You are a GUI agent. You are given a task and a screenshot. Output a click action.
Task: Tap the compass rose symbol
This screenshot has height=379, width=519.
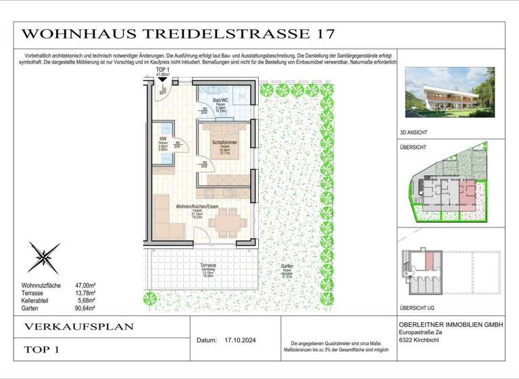coord(44,258)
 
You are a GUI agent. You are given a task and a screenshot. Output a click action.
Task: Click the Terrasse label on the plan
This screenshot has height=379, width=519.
coord(208,266)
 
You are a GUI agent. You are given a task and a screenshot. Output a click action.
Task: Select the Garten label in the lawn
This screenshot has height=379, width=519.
coord(288,267)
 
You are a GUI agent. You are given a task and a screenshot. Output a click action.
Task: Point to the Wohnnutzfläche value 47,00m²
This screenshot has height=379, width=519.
coord(85,286)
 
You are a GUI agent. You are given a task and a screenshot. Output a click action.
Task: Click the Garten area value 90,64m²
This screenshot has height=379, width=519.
coord(85,308)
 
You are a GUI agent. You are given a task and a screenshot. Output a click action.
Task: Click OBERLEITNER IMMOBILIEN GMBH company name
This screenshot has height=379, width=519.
coord(451,326)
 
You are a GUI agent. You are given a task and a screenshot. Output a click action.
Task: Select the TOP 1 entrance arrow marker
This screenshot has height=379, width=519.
coord(162,80)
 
